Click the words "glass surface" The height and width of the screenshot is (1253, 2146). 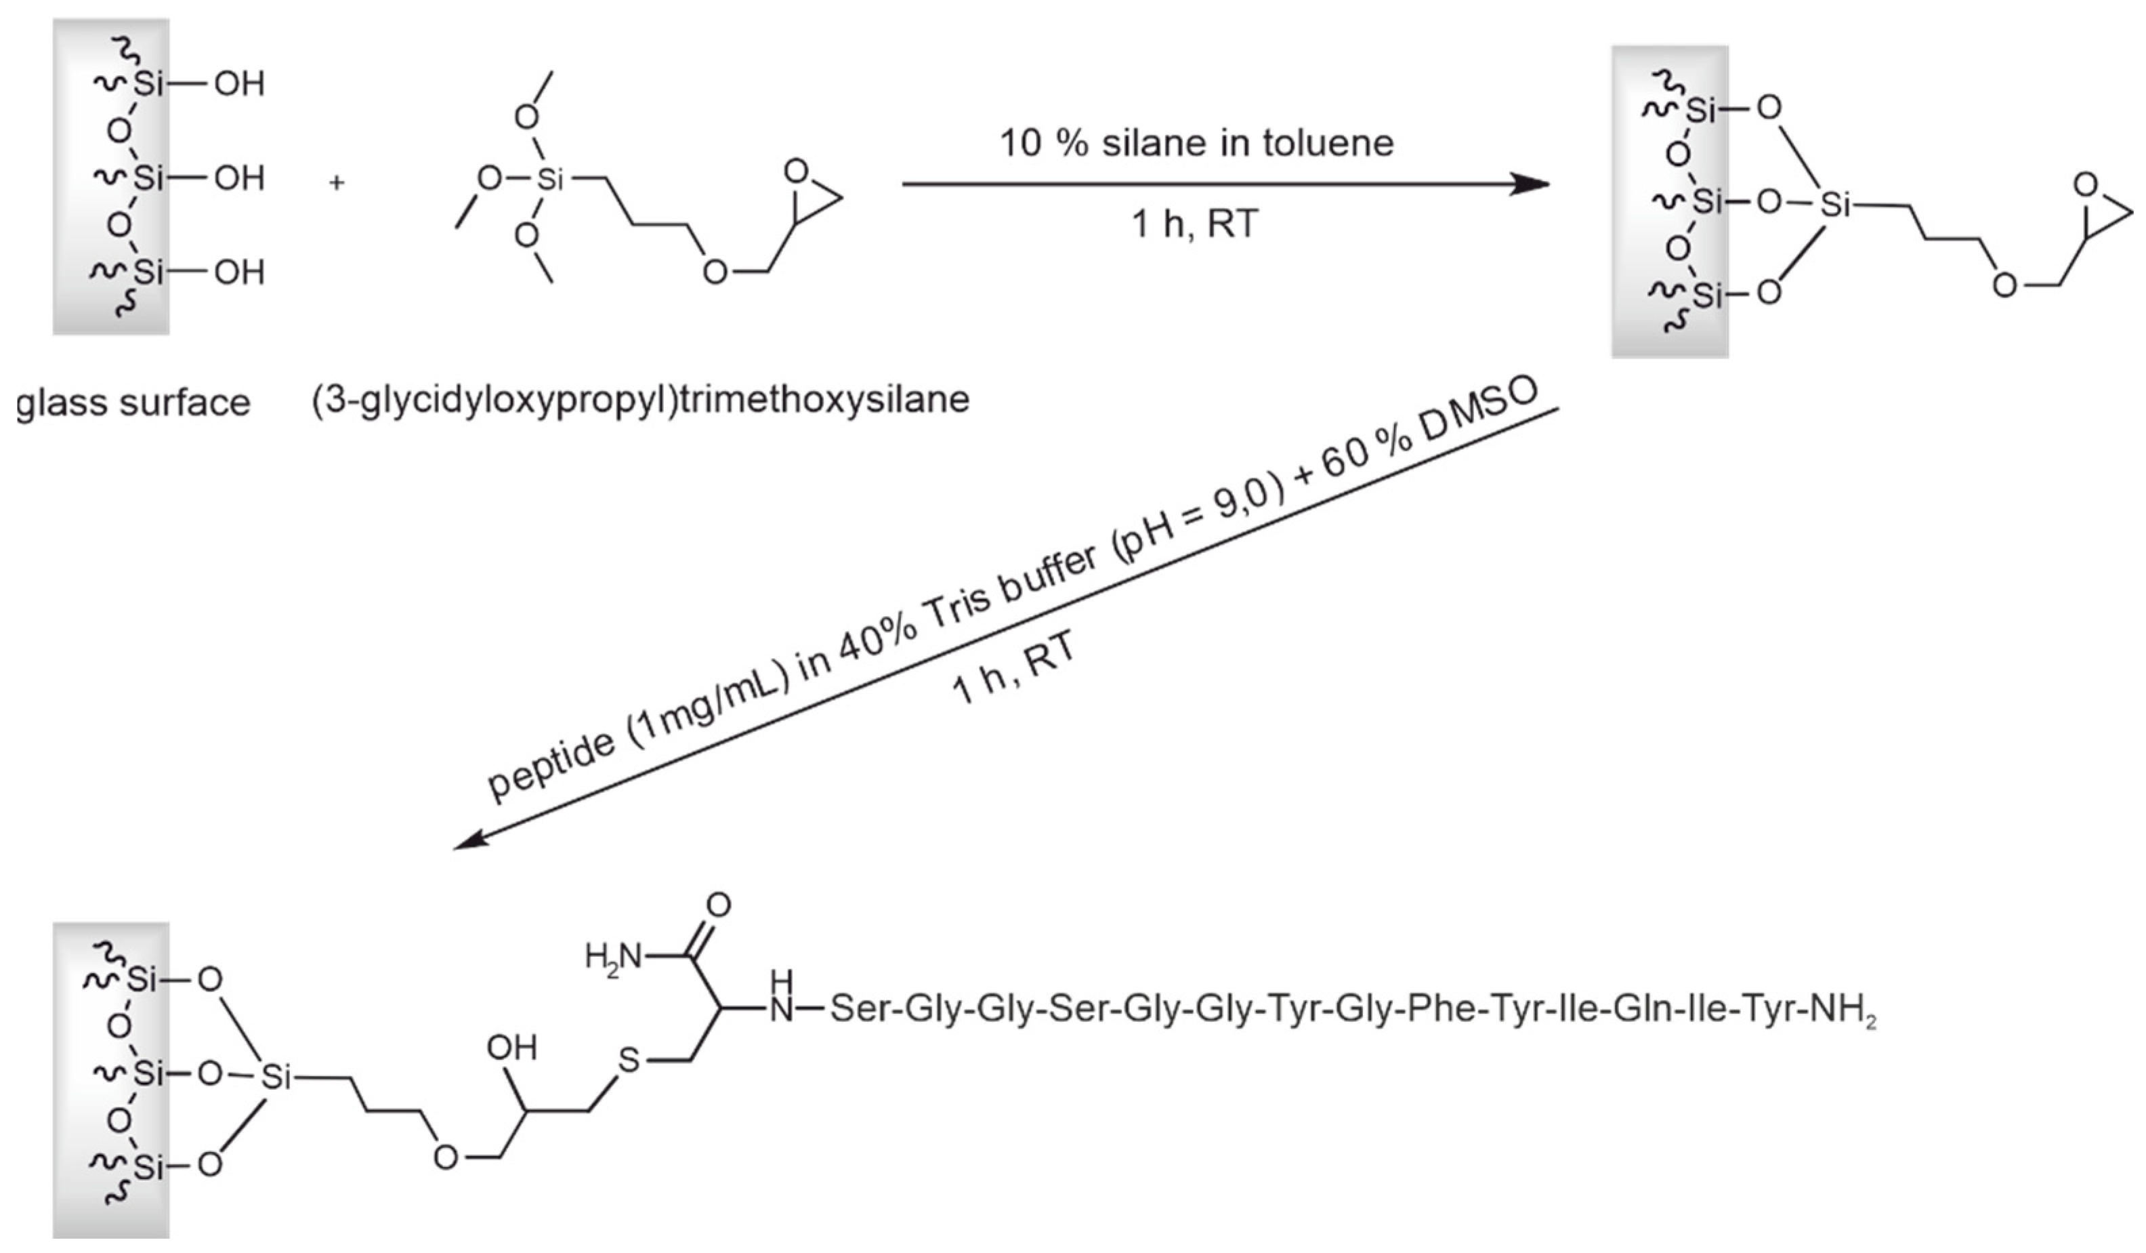pos(133,402)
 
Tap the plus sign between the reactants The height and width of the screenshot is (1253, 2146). pos(337,182)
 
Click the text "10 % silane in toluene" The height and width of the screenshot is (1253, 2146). pos(1196,143)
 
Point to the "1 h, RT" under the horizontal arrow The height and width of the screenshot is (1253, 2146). pos(1195,224)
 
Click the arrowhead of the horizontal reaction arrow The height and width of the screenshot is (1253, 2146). pos(1530,183)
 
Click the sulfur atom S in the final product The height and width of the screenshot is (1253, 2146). pos(629,1060)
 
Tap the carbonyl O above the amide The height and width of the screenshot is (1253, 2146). pos(719,904)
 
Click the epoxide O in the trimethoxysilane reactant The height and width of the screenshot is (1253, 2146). pos(795,171)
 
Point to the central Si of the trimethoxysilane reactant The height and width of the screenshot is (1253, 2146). pos(550,180)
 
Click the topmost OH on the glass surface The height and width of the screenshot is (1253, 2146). pos(239,84)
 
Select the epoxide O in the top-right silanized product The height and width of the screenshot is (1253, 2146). pos(2086,184)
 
